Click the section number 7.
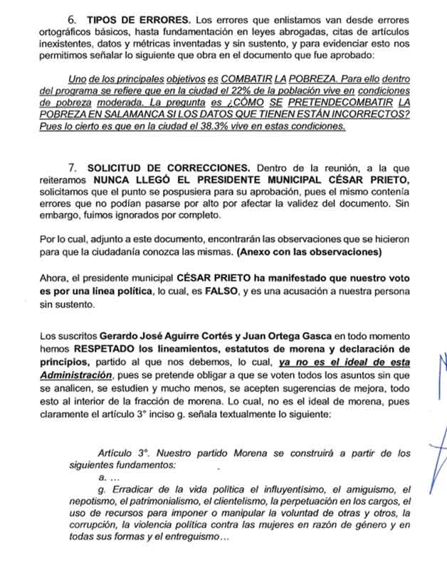point(73,167)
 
